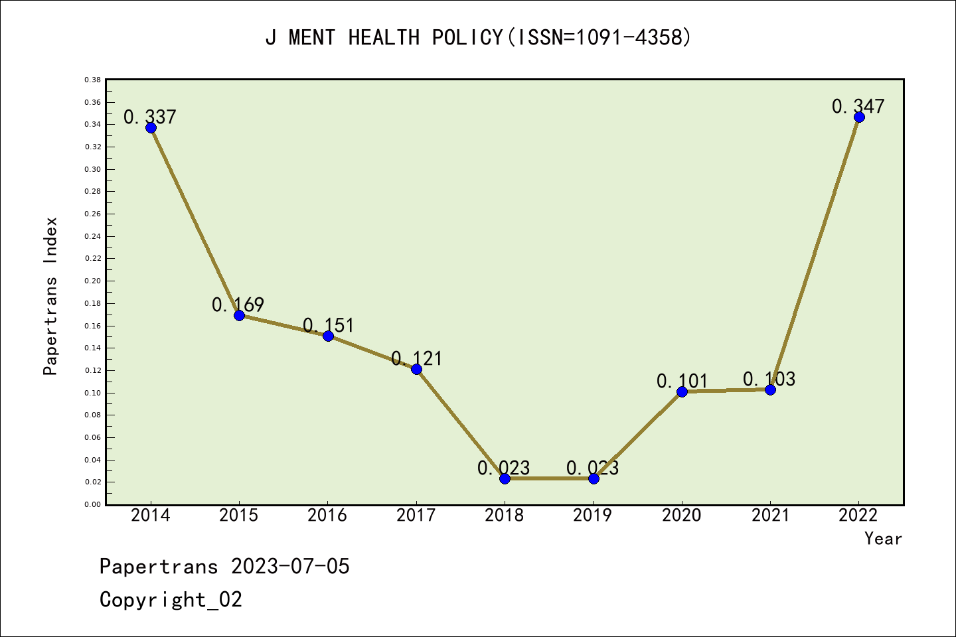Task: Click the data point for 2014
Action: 151,127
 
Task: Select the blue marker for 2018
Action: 505,478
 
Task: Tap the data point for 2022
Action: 859,117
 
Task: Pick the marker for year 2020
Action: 682,391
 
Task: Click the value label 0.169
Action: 238,305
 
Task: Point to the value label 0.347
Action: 858,106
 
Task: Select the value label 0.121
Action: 416,359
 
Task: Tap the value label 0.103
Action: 769,379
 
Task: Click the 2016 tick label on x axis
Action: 327,516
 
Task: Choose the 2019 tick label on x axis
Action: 593,516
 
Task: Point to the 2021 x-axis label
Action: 770,516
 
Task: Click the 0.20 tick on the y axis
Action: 93,281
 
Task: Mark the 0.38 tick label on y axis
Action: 93,80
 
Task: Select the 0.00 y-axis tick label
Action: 93,504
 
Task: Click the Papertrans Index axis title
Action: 51,296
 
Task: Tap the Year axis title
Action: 883,539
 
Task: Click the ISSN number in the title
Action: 629,37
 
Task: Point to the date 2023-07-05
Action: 290,567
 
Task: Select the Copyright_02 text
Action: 171,600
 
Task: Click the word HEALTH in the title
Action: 384,37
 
